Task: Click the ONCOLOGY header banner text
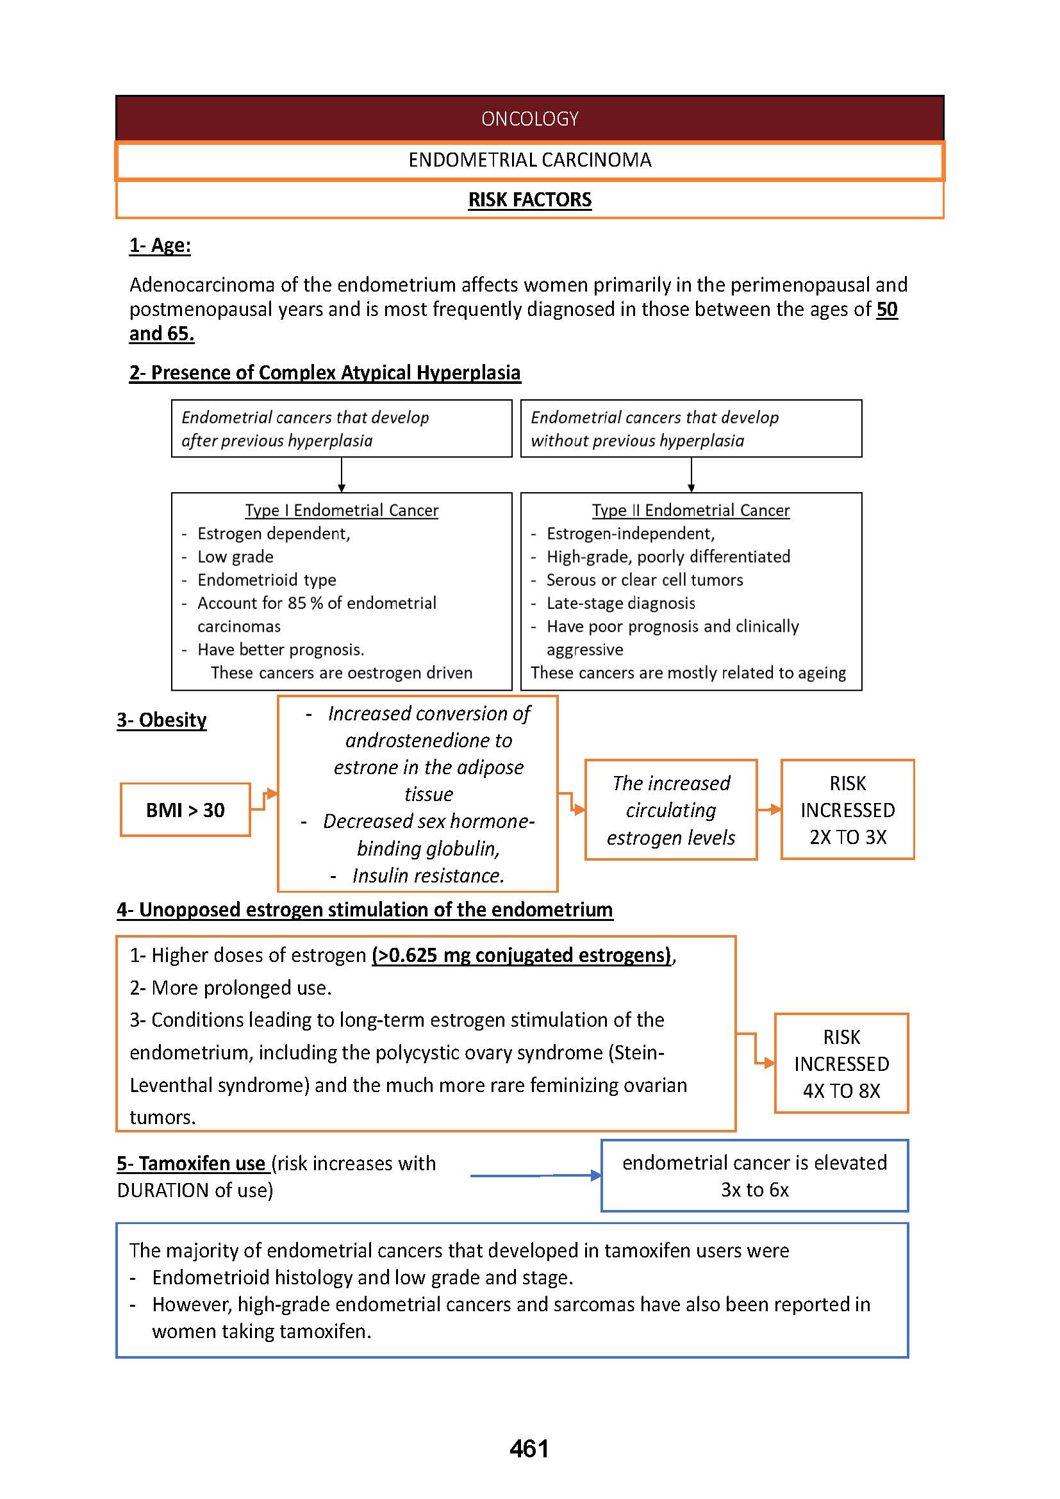coord(529,119)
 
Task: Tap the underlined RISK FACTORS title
coord(529,200)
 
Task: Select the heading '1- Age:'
coord(160,245)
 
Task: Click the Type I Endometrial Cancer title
coord(342,511)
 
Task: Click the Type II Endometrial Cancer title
coord(691,511)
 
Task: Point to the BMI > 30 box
coord(185,810)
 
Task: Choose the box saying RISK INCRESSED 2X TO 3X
coord(847,810)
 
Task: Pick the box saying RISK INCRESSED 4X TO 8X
coord(841,1064)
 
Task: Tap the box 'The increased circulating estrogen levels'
coord(671,810)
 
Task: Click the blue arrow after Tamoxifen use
coord(535,1176)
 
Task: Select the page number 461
coord(529,1449)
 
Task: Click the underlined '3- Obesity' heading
coord(161,720)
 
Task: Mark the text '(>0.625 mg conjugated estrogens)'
coord(522,955)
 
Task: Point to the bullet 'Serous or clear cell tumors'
coord(644,581)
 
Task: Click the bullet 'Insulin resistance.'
coord(428,876)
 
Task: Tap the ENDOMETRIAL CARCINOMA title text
coord(529,160)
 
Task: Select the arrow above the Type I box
coord(342,476)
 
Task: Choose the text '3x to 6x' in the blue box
coord(754,1190)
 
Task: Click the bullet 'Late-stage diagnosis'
coord(620,604)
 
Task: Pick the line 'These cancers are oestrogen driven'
coord(342,673)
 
